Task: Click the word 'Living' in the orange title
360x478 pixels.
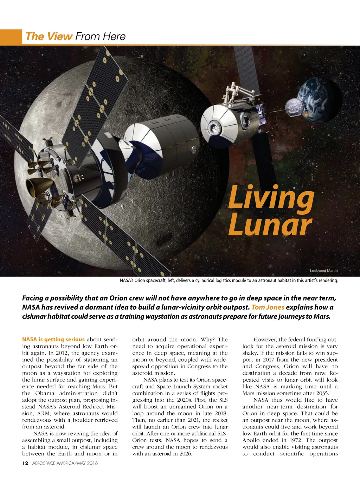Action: point(271,199)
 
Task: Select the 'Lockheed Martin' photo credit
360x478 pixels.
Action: point(323,271)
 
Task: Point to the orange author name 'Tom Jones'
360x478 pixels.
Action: point(268,308)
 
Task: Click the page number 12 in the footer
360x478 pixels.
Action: point(25,463)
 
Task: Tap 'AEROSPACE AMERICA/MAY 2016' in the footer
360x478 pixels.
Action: point(65,463)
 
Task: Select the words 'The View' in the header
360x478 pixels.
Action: point(49,37)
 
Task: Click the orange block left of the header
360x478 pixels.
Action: point(11,37)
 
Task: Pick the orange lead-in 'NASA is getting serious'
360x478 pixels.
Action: point(53,340)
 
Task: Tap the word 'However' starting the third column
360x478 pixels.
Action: point(264,340)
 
